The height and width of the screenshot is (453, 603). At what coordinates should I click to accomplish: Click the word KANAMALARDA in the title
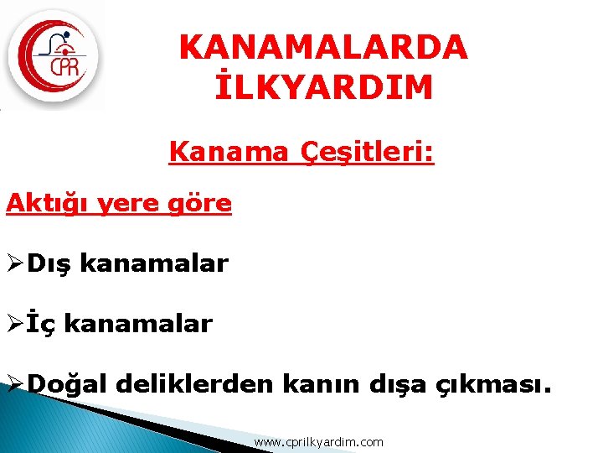click(323, 47)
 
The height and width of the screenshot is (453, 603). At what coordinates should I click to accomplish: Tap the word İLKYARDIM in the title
click(323, 87)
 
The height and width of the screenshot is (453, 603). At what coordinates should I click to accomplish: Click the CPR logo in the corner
click(54, 56)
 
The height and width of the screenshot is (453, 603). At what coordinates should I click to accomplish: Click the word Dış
click(49, 263)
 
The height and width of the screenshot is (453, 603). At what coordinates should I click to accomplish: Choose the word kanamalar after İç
click(138, 323)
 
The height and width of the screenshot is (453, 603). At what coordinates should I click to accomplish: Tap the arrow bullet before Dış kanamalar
click(14, 264)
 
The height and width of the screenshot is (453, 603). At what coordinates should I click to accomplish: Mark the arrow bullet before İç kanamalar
click(14, 324)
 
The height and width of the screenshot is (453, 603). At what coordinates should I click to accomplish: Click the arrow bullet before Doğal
click(14, 384)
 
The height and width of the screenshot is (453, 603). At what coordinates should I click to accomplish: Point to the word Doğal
click(69, 384)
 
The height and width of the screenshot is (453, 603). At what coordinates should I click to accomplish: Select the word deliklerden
click(195, 383)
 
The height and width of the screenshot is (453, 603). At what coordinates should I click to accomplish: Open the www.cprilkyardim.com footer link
click(318, 441)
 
